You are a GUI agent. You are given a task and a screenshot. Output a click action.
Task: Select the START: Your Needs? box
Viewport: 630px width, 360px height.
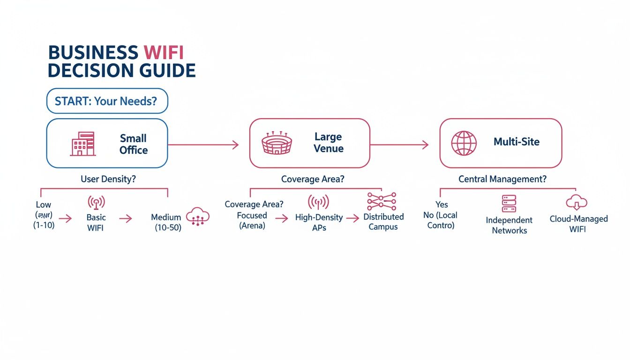[x=107, y=101]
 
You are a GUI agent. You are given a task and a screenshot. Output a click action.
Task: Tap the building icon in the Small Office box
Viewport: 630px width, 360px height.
[x=83, y=143]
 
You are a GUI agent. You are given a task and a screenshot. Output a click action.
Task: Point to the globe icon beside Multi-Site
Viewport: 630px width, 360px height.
[x=464, y=143]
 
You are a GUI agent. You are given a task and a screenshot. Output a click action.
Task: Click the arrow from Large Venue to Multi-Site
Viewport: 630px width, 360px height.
[x=399, y=145]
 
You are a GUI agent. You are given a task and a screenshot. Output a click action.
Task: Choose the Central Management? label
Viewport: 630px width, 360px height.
[x=502, y=179]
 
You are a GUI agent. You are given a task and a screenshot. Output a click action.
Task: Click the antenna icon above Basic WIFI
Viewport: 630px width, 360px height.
[x=96, y=202]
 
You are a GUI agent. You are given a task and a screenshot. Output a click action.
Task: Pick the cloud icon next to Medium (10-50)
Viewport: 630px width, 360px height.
[x=198, y=217]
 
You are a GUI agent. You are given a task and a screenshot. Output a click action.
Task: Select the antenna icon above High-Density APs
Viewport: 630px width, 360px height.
[x=318, y=202]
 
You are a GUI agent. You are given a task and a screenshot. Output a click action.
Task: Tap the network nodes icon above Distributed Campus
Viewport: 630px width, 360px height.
[x=382, y=201]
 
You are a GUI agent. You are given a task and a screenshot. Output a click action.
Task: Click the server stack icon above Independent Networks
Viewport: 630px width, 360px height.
[x=509, y=204]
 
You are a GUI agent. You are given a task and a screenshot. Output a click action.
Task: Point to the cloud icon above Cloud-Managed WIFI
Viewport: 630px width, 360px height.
[x=577, y=202]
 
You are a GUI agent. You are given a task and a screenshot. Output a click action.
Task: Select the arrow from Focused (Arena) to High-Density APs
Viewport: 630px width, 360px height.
[x=281, y=218]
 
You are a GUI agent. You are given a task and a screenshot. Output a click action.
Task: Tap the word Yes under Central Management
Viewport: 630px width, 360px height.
[x=442, y=204]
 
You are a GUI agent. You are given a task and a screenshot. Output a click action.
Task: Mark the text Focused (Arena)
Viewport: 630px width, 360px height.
[x=252, y=221]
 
